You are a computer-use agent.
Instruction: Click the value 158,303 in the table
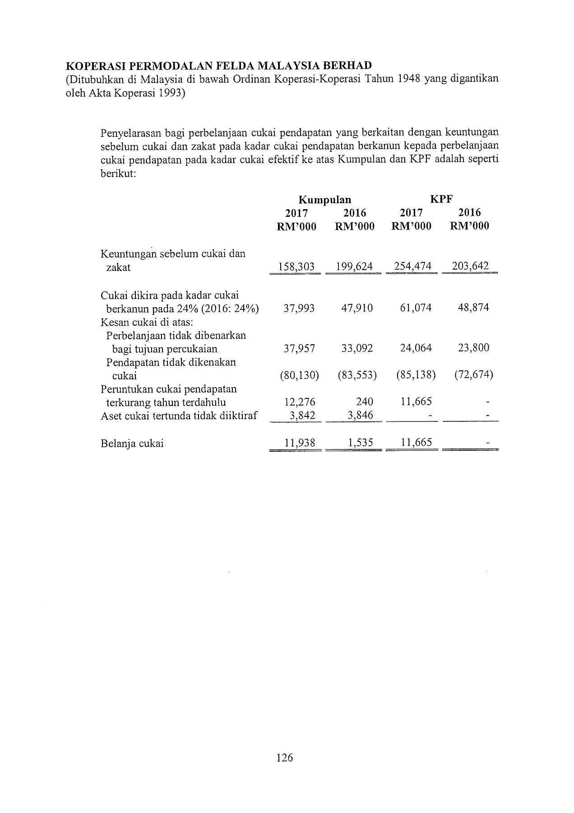(296, 266)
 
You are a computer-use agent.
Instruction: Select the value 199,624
(354, 266)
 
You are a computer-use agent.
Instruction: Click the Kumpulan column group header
(325, 200)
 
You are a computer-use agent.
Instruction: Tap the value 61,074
(416, 308)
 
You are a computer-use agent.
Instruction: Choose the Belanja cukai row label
(132, 443)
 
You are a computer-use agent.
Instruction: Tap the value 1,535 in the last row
(361, 443)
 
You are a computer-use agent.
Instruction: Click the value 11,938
(300, 443)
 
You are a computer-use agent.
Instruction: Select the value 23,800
(473, 348)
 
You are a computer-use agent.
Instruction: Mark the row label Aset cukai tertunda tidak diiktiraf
(179, 416)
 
